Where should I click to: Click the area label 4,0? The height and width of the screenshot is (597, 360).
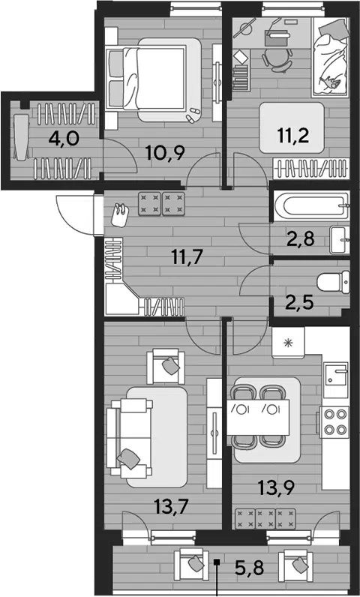64,139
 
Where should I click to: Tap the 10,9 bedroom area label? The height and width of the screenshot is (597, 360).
166,154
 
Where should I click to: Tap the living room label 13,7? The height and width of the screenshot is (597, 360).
172,508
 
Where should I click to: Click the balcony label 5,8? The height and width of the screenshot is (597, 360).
249,569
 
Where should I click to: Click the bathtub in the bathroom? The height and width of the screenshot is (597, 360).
311,206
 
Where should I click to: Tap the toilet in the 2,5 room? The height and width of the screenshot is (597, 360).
333,282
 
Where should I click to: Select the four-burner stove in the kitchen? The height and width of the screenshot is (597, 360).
334,421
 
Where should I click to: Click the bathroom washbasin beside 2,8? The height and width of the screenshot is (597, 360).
340,240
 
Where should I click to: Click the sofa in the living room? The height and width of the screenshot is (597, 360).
130,438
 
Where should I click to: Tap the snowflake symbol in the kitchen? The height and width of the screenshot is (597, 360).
288,343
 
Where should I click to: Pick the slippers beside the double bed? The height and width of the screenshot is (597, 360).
191,115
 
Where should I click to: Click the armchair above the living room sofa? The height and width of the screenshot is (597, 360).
166,367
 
